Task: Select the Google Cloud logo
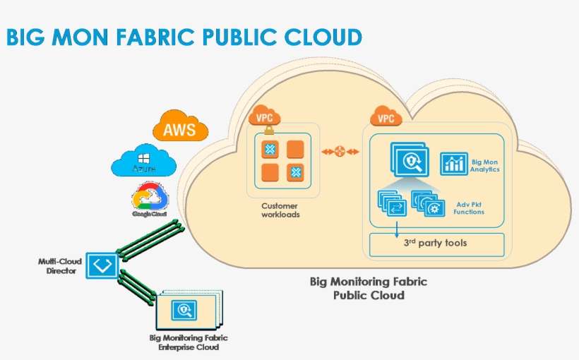pos(149,198)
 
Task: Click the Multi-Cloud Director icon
pos(104,265)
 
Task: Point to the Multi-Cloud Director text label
pos(60,265)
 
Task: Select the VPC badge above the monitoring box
pos(386,117)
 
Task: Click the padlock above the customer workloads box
pos(268,131)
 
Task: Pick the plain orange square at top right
pos(295,149)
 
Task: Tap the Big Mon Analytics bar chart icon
pos(454,164)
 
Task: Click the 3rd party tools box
pos(435,244)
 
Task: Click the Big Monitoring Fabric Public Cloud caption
pos(369,288)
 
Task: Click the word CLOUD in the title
pos(322,37)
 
